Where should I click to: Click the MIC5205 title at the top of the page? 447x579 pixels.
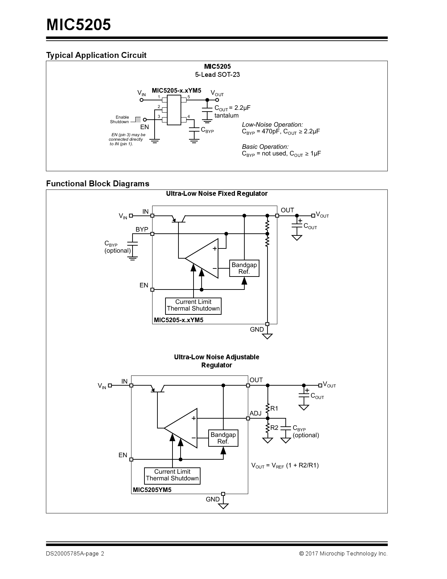click(79, 25)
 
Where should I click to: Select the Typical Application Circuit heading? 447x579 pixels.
click(96, 55)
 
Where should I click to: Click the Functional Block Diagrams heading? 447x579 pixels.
click(98, 184)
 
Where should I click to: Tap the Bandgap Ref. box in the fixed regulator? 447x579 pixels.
click(244, 268)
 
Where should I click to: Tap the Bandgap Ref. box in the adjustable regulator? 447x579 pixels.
click(223, 438)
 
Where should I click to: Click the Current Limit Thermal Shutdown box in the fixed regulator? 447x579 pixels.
click(193, 305)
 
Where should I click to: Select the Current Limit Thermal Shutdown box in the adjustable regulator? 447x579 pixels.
click(172, 475)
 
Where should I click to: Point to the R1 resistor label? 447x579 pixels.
click(274, 408)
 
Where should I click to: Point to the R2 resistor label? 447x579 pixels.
click(274, 428)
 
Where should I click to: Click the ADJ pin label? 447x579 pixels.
click(256, 413)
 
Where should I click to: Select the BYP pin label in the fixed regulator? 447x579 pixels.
click(142, 229)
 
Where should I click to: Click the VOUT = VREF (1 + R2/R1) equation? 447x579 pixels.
click(285, 466)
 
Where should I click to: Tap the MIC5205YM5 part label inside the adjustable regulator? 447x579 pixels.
click(152, 490)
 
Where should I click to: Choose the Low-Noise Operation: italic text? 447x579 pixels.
click(272, 125)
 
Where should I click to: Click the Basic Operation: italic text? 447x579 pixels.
click(265, 147)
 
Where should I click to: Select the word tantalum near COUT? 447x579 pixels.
click(226, 115)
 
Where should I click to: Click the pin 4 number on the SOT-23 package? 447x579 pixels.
click(189, 117)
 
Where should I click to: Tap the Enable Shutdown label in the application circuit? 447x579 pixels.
click(120, 120)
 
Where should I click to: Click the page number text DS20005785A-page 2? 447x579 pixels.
click(75, 554)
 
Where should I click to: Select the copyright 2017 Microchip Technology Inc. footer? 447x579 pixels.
click(343, 554)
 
